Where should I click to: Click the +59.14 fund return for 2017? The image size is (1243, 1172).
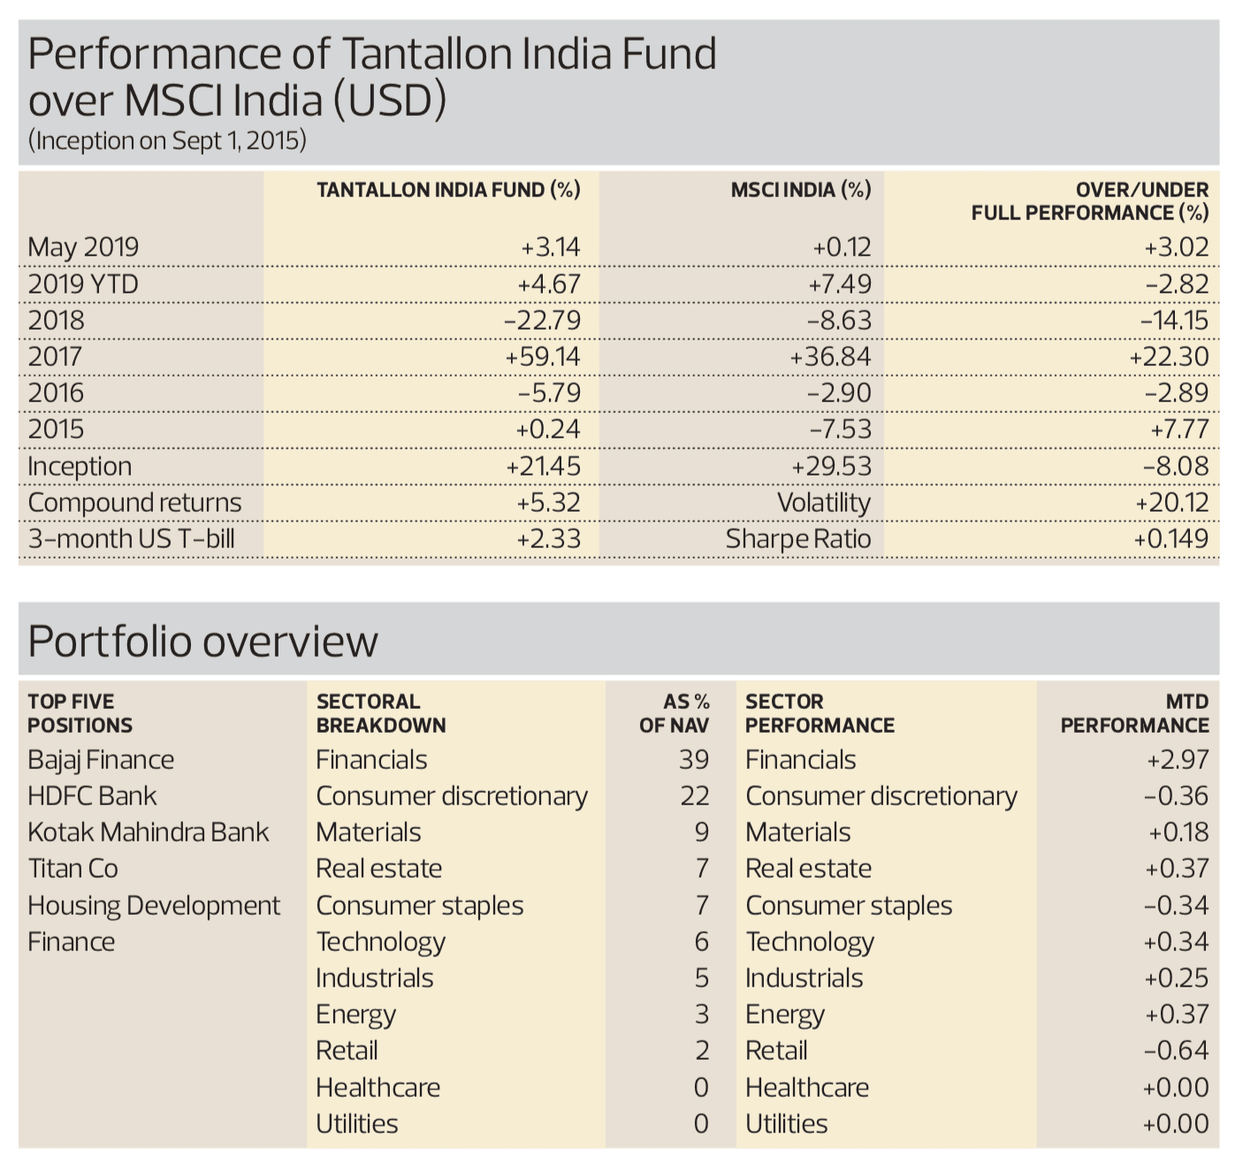click(x=542, y=357)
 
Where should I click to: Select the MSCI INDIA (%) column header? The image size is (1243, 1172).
click(x=800, y=190)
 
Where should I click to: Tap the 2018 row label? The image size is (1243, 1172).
click(x=57, y=321)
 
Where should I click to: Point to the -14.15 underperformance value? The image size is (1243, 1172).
click(x=1174, y=321)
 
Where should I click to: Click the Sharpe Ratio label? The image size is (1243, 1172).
click(x=798, y=539)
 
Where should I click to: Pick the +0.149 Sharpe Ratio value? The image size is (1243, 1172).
click(x=1171, y=539)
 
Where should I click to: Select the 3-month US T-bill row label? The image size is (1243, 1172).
click(x=132, y=539)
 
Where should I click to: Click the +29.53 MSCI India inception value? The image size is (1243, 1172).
click(x=831, y=467)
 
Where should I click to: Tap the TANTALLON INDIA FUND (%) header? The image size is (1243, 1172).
click(x=448, y=190)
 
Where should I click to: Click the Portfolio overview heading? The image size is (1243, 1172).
click(x=203, y=642)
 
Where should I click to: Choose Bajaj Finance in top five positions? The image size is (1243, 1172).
click(x=101, y=760)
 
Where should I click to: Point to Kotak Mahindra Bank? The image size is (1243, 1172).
click(x=149, y=833)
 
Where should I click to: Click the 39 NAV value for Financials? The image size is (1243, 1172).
click(x=694, y=760)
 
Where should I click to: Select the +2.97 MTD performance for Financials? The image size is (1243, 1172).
click(x=1178, y=760)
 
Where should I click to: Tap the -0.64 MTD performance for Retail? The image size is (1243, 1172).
click(x=1176, y=1051)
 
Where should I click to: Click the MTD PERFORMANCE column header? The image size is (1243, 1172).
click(x=1135, y=713)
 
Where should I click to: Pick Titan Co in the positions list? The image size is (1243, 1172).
click(x=73, y=869)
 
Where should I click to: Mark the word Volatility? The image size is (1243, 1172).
click(x=824, y=503)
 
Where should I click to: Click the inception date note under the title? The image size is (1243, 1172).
click(x=168, y=141)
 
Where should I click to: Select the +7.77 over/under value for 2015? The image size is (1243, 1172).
click(x=1179, y=430)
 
